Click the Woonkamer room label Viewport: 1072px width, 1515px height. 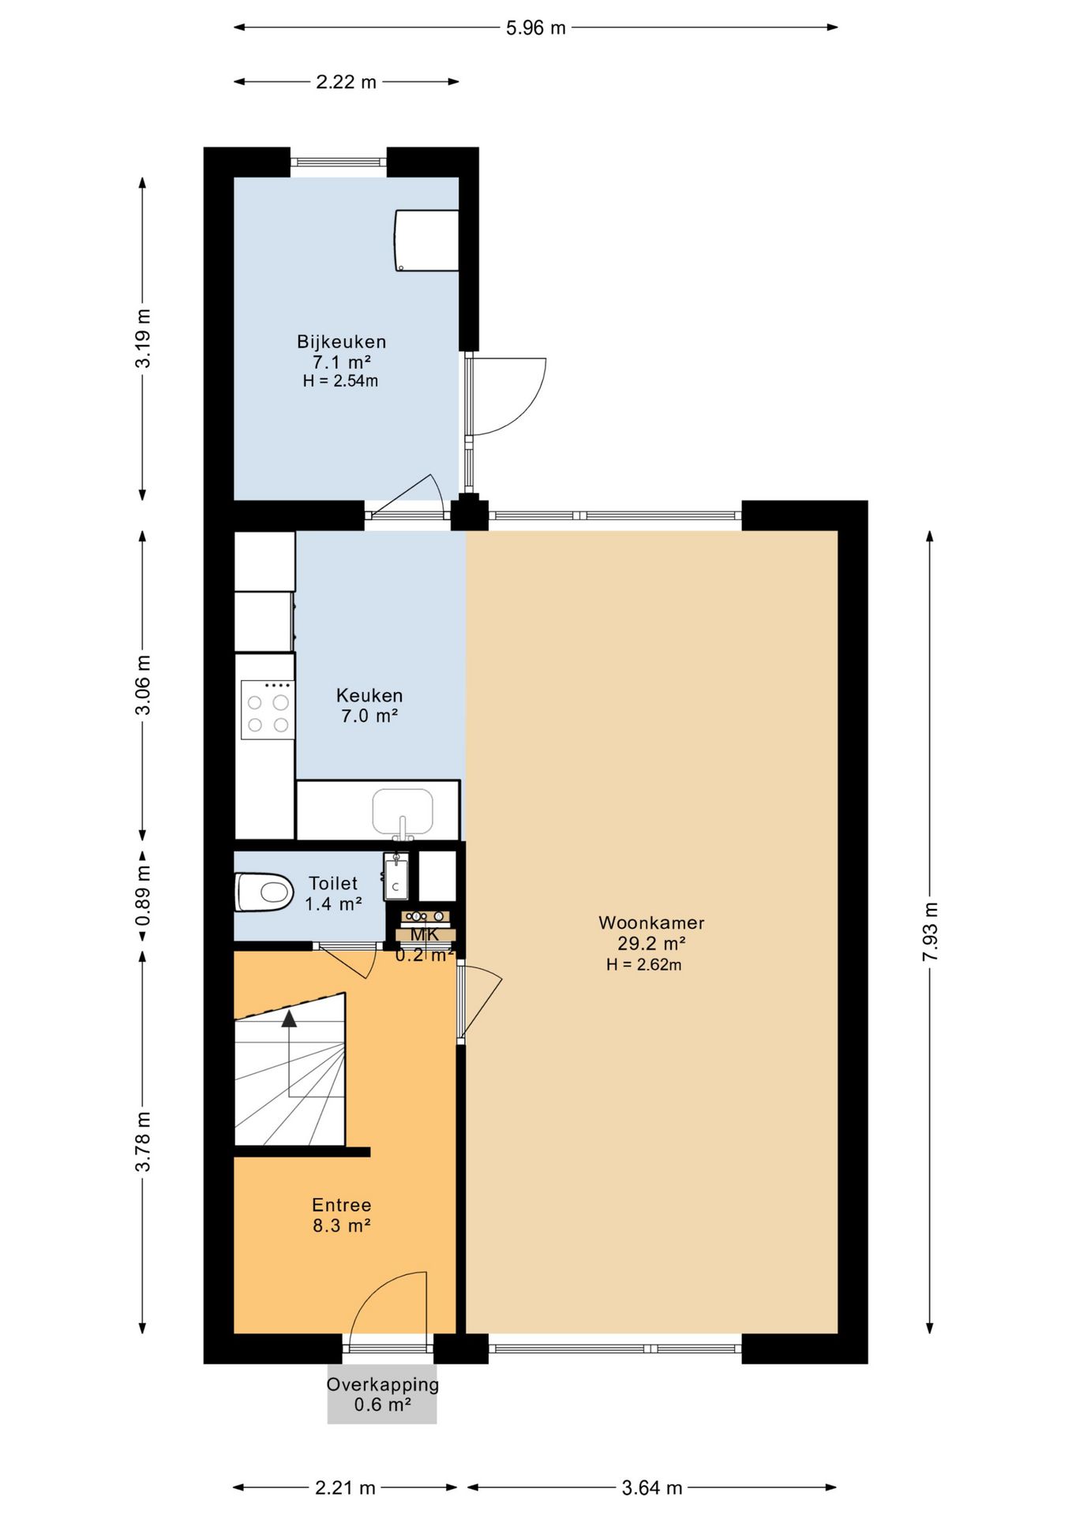click(651, 922)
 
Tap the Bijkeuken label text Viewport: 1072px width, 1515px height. click(342, 342)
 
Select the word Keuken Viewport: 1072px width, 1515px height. click(369, 695)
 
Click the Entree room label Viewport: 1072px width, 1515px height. click(342, 1205)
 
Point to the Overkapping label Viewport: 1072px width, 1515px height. click(383, 1385)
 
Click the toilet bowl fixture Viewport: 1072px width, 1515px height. click(264, 892)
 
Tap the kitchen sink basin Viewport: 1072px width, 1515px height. click(403, 811)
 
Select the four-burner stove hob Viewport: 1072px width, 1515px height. click(268, 709)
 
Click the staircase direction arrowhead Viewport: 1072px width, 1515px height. click(289, 1019)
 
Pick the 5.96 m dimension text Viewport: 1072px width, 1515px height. click(536, 28)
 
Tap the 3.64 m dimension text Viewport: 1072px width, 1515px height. click(652, 1487)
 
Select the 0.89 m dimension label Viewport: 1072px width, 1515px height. click(143, 896)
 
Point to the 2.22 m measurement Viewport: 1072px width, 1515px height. click(347, 81)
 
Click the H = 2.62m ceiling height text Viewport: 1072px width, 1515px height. click(644, 964)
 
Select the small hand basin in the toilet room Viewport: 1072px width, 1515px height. click(395, 877)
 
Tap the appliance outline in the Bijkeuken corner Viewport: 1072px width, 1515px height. click(426, 240)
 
